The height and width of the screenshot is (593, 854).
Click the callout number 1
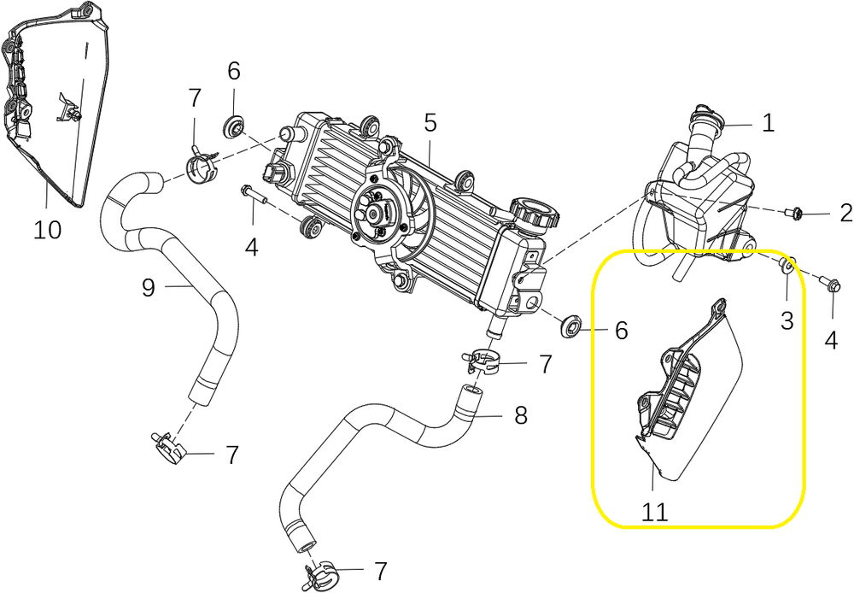(x=768, y=123)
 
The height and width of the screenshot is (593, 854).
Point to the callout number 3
(x=787, y=320)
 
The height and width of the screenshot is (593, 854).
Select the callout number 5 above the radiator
(x=430, y=122)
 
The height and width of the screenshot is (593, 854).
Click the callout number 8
(x=520, y=416)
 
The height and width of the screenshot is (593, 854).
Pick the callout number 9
(x=148, y=288)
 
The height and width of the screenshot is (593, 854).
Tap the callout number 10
(x=48, y=230)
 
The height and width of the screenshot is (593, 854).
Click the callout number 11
(x=655, y=512)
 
